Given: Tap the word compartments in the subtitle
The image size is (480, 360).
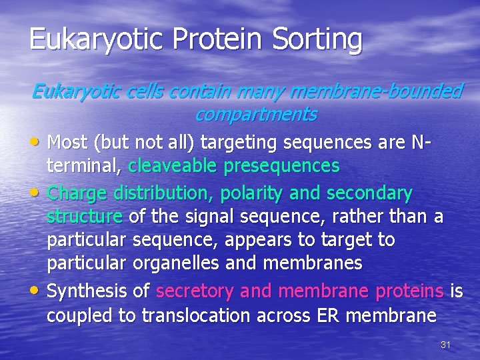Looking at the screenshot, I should coord(255,114).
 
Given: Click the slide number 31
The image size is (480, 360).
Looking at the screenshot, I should coord(446,345).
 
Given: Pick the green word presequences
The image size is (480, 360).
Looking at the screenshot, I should coord(286,165).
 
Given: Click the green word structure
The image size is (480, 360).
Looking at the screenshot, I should coord(84,216).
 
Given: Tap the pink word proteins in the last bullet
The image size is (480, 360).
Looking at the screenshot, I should coord(409,291).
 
